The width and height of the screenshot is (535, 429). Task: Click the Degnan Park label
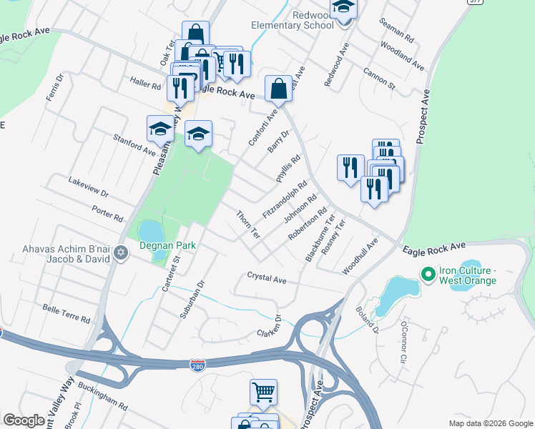[x=167, y=245]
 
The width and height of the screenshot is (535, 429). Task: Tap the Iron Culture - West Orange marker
[x=428, y=274]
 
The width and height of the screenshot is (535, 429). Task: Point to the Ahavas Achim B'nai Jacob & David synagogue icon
[x=121, y=252]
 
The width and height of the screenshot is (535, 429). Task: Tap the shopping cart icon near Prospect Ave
[x=263, y=392]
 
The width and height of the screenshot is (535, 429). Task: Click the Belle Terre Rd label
[x=66, y=312]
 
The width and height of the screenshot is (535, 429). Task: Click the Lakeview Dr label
[x=88, y=189]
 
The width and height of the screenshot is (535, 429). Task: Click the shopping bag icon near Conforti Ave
[x=278, y=89]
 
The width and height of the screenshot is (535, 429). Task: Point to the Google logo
[x=24, y=420]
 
